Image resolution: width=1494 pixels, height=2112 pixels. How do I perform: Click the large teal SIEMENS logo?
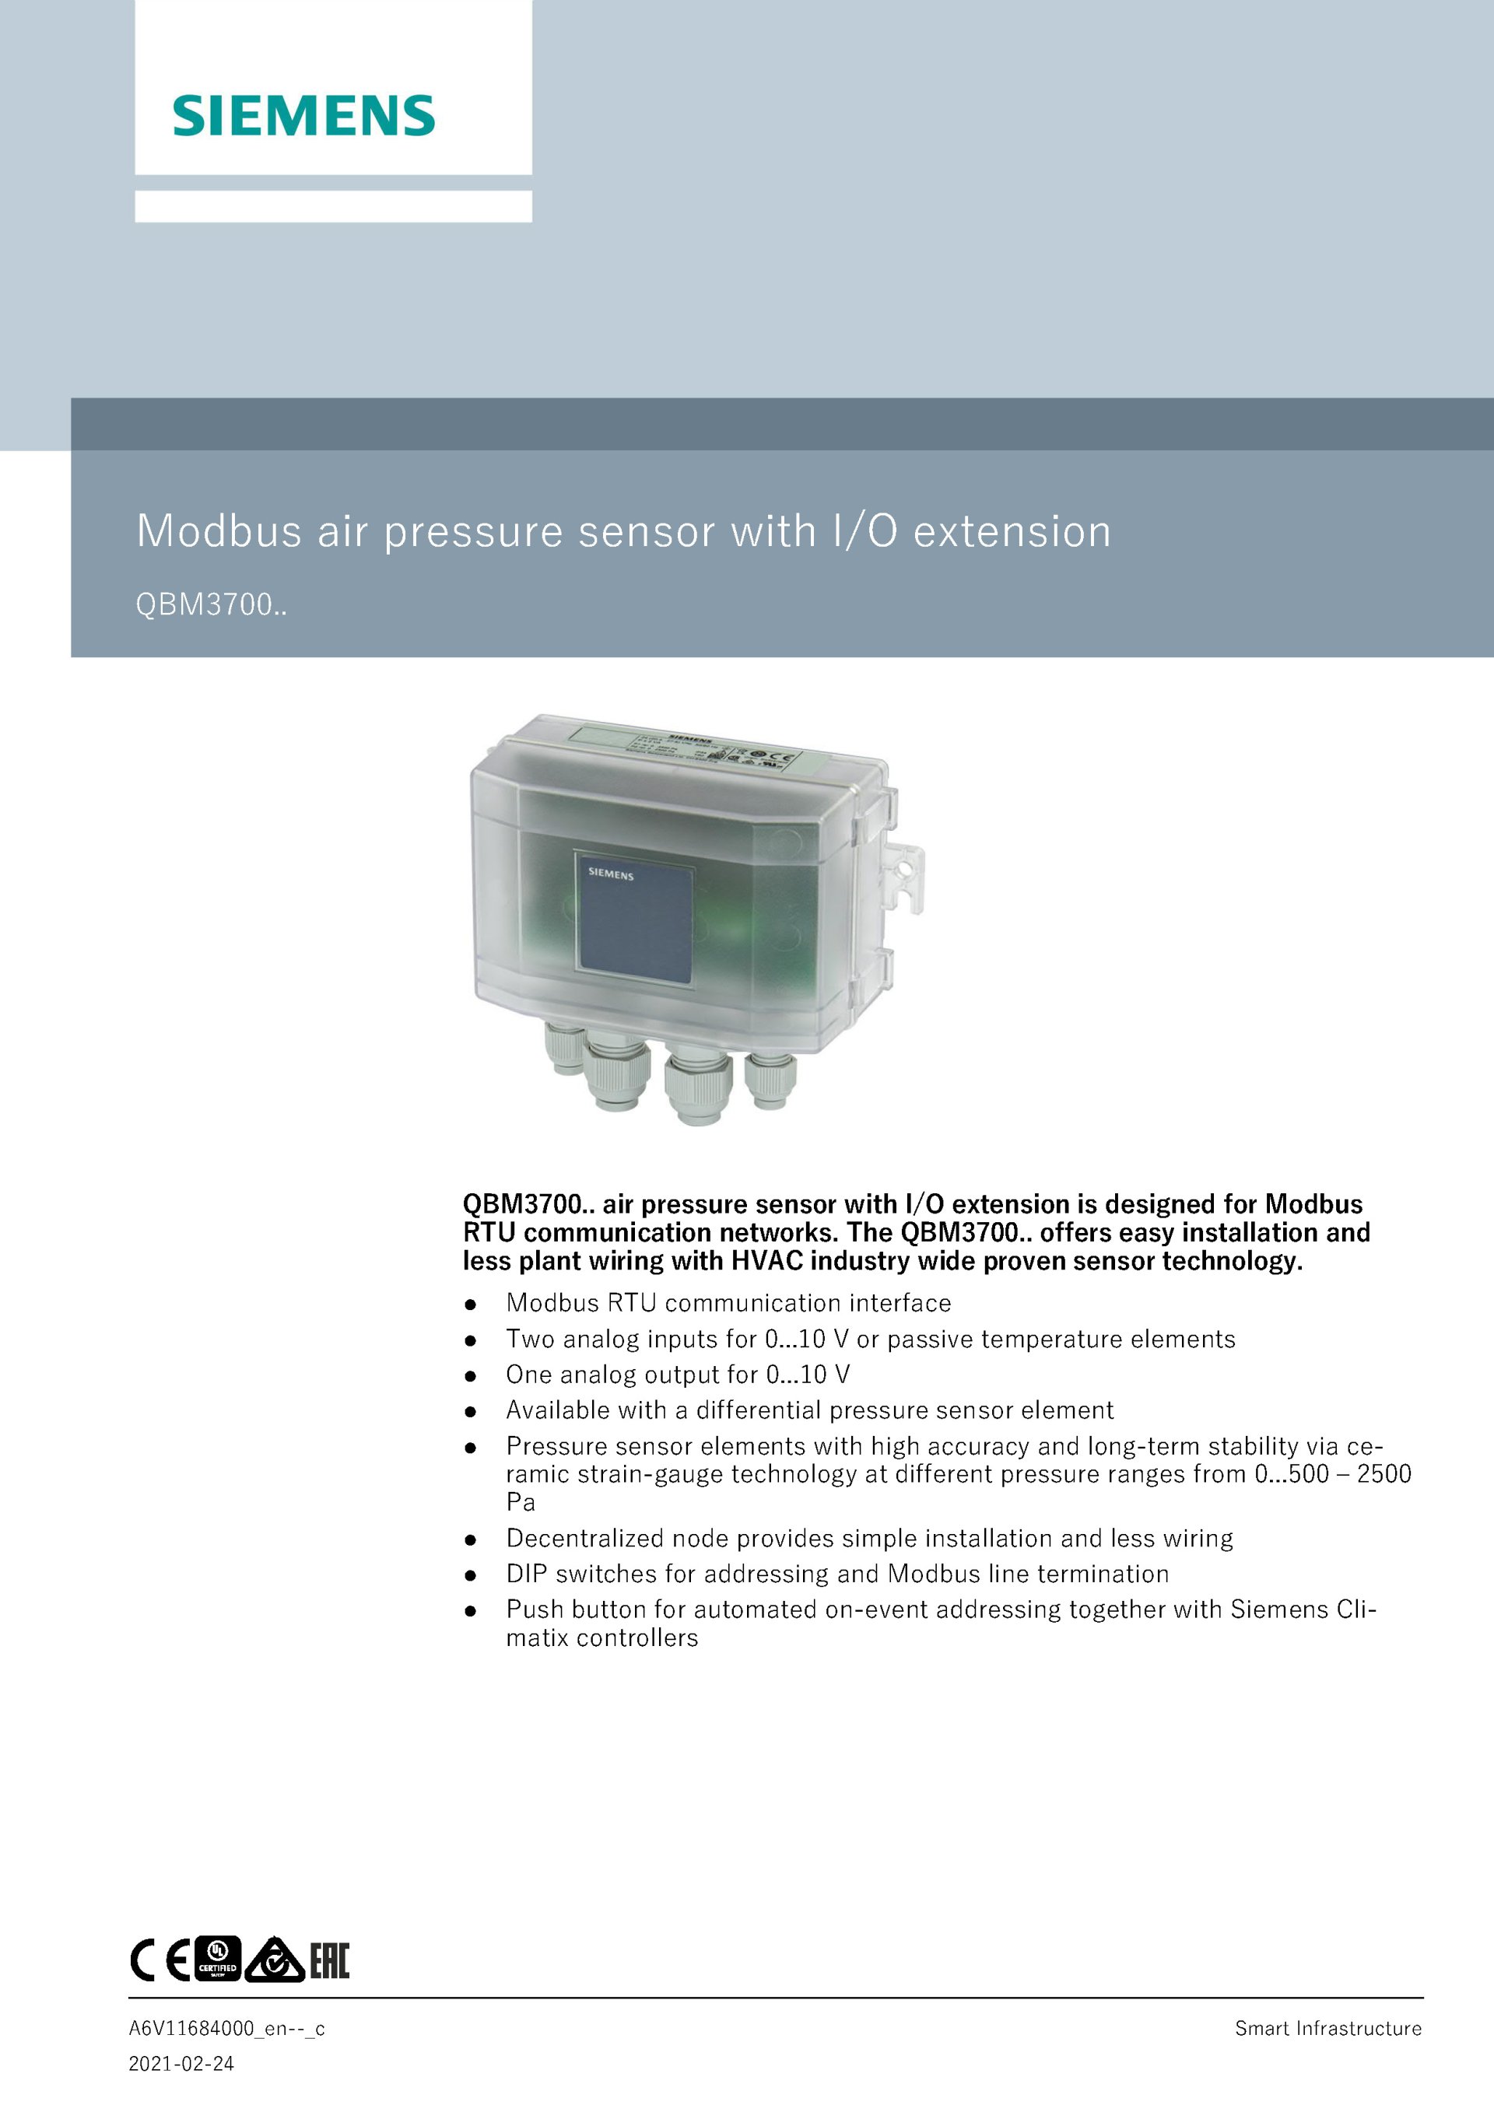(303, 115)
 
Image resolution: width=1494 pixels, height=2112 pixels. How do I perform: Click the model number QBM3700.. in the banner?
(211, 604)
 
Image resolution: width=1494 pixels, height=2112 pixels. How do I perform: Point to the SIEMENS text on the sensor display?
(611, 873)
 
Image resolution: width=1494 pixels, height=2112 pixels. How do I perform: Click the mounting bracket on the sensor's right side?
(905, 877)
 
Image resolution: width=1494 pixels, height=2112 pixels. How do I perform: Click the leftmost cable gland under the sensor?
(560, 1049)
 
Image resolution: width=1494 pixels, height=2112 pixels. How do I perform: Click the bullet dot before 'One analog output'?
(470, 1376)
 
